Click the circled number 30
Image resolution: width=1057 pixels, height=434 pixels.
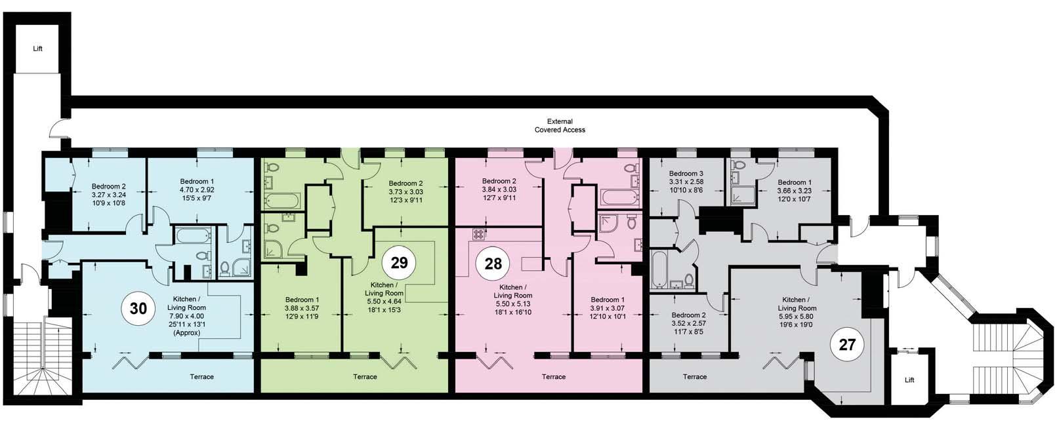138,309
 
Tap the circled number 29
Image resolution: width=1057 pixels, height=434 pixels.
399,262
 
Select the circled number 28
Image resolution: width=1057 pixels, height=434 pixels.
493,264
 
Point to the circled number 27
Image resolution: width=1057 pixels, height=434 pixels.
847,344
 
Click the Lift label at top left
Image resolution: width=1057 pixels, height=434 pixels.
38,49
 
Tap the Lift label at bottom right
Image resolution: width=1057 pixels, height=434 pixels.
909,380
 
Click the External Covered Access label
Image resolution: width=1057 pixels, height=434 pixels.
560,125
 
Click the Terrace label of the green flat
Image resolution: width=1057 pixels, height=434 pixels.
365,376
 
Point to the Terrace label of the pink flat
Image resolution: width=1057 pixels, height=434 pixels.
554,376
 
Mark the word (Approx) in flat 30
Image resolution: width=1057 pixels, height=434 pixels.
186,332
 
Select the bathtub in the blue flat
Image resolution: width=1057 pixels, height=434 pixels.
193,235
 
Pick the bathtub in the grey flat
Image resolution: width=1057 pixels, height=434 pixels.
657,269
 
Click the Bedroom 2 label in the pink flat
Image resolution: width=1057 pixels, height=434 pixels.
499,181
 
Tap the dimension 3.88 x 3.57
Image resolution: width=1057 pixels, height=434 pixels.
302,308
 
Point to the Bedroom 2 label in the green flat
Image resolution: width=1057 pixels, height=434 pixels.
405,183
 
